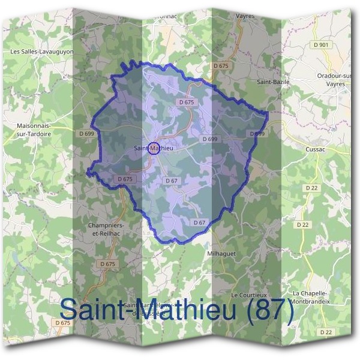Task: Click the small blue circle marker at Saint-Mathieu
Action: click(153, 148)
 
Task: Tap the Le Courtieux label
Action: click(247, 295)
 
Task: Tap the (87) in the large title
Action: click(264, 310)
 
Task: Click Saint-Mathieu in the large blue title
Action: click(144, 310)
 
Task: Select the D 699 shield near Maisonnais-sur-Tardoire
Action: click(86, 133)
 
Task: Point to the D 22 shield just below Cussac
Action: click(311, 188)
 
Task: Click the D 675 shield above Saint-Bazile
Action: click(221, 65)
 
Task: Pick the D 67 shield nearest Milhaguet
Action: click(200, 223)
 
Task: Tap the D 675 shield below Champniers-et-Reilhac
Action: click(108, 264)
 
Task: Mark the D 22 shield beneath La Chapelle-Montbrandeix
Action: click(326, 331)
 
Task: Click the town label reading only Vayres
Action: click(246, 16)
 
